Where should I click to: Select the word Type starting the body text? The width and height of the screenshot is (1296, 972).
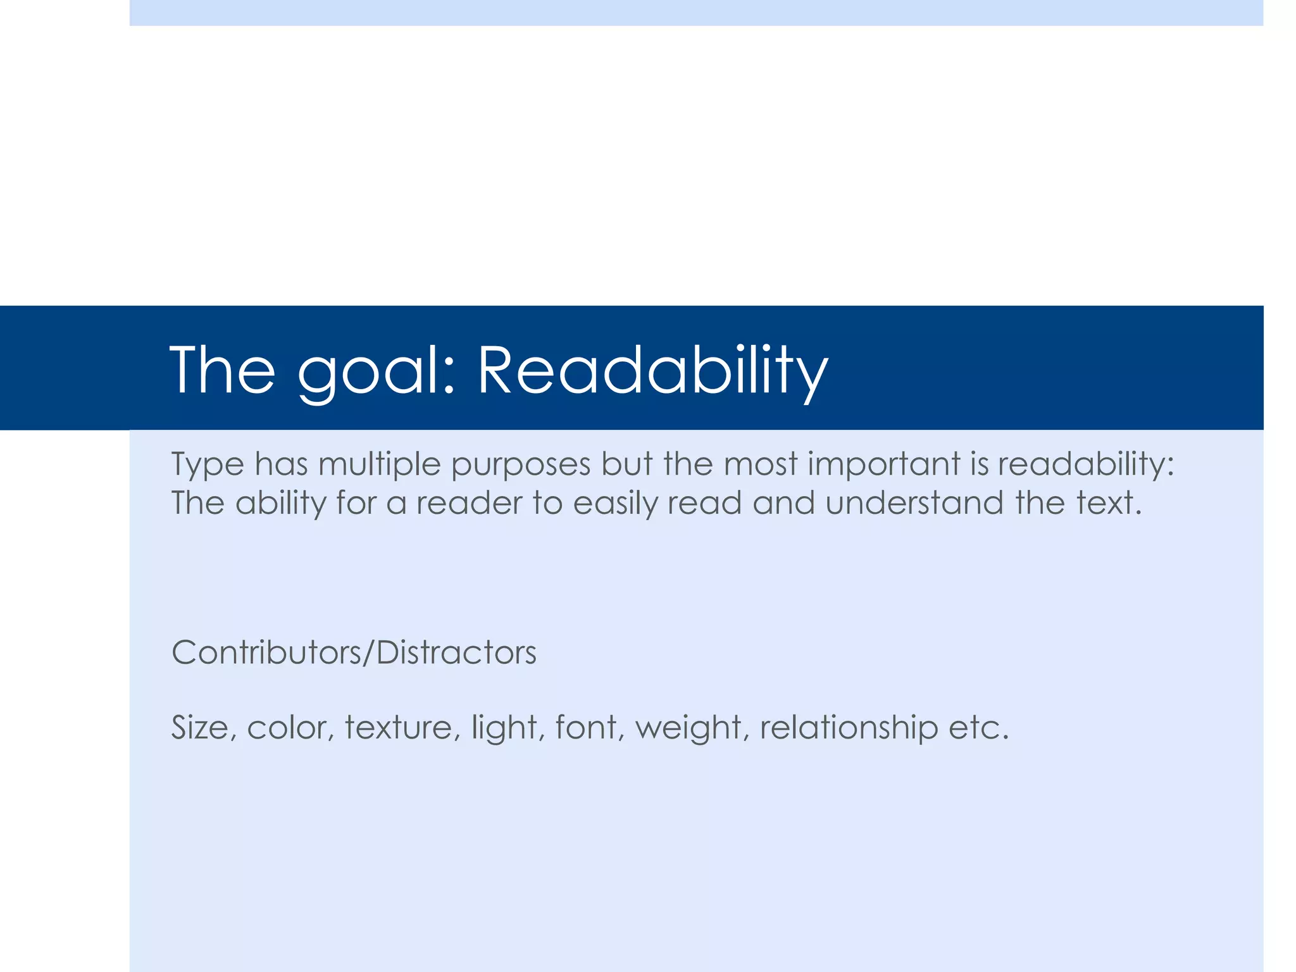[208, 464]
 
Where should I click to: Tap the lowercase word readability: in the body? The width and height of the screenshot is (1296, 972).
[1086, 464]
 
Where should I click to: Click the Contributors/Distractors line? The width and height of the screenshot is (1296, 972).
[354, 652]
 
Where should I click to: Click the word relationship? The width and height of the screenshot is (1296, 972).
[849, 727]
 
